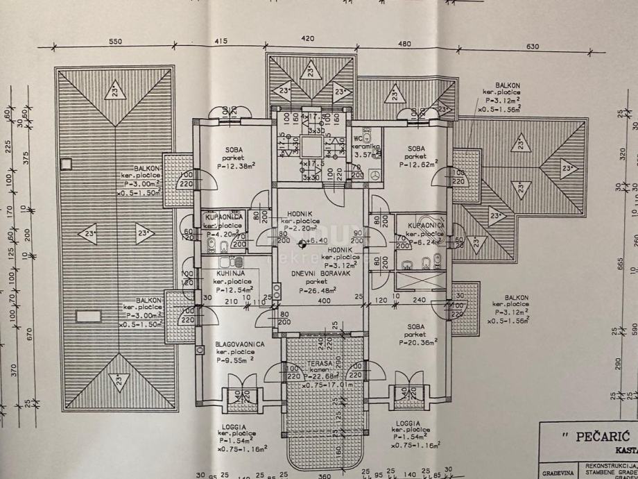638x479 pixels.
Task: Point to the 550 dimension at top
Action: [x=115, y=41]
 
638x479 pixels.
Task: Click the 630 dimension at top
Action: [x=532, y=47]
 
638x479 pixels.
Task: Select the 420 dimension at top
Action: [x=308, y=39]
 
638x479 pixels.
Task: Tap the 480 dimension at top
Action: [x=404, y=44]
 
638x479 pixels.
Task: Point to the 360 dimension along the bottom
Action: [x=324, y=476]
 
